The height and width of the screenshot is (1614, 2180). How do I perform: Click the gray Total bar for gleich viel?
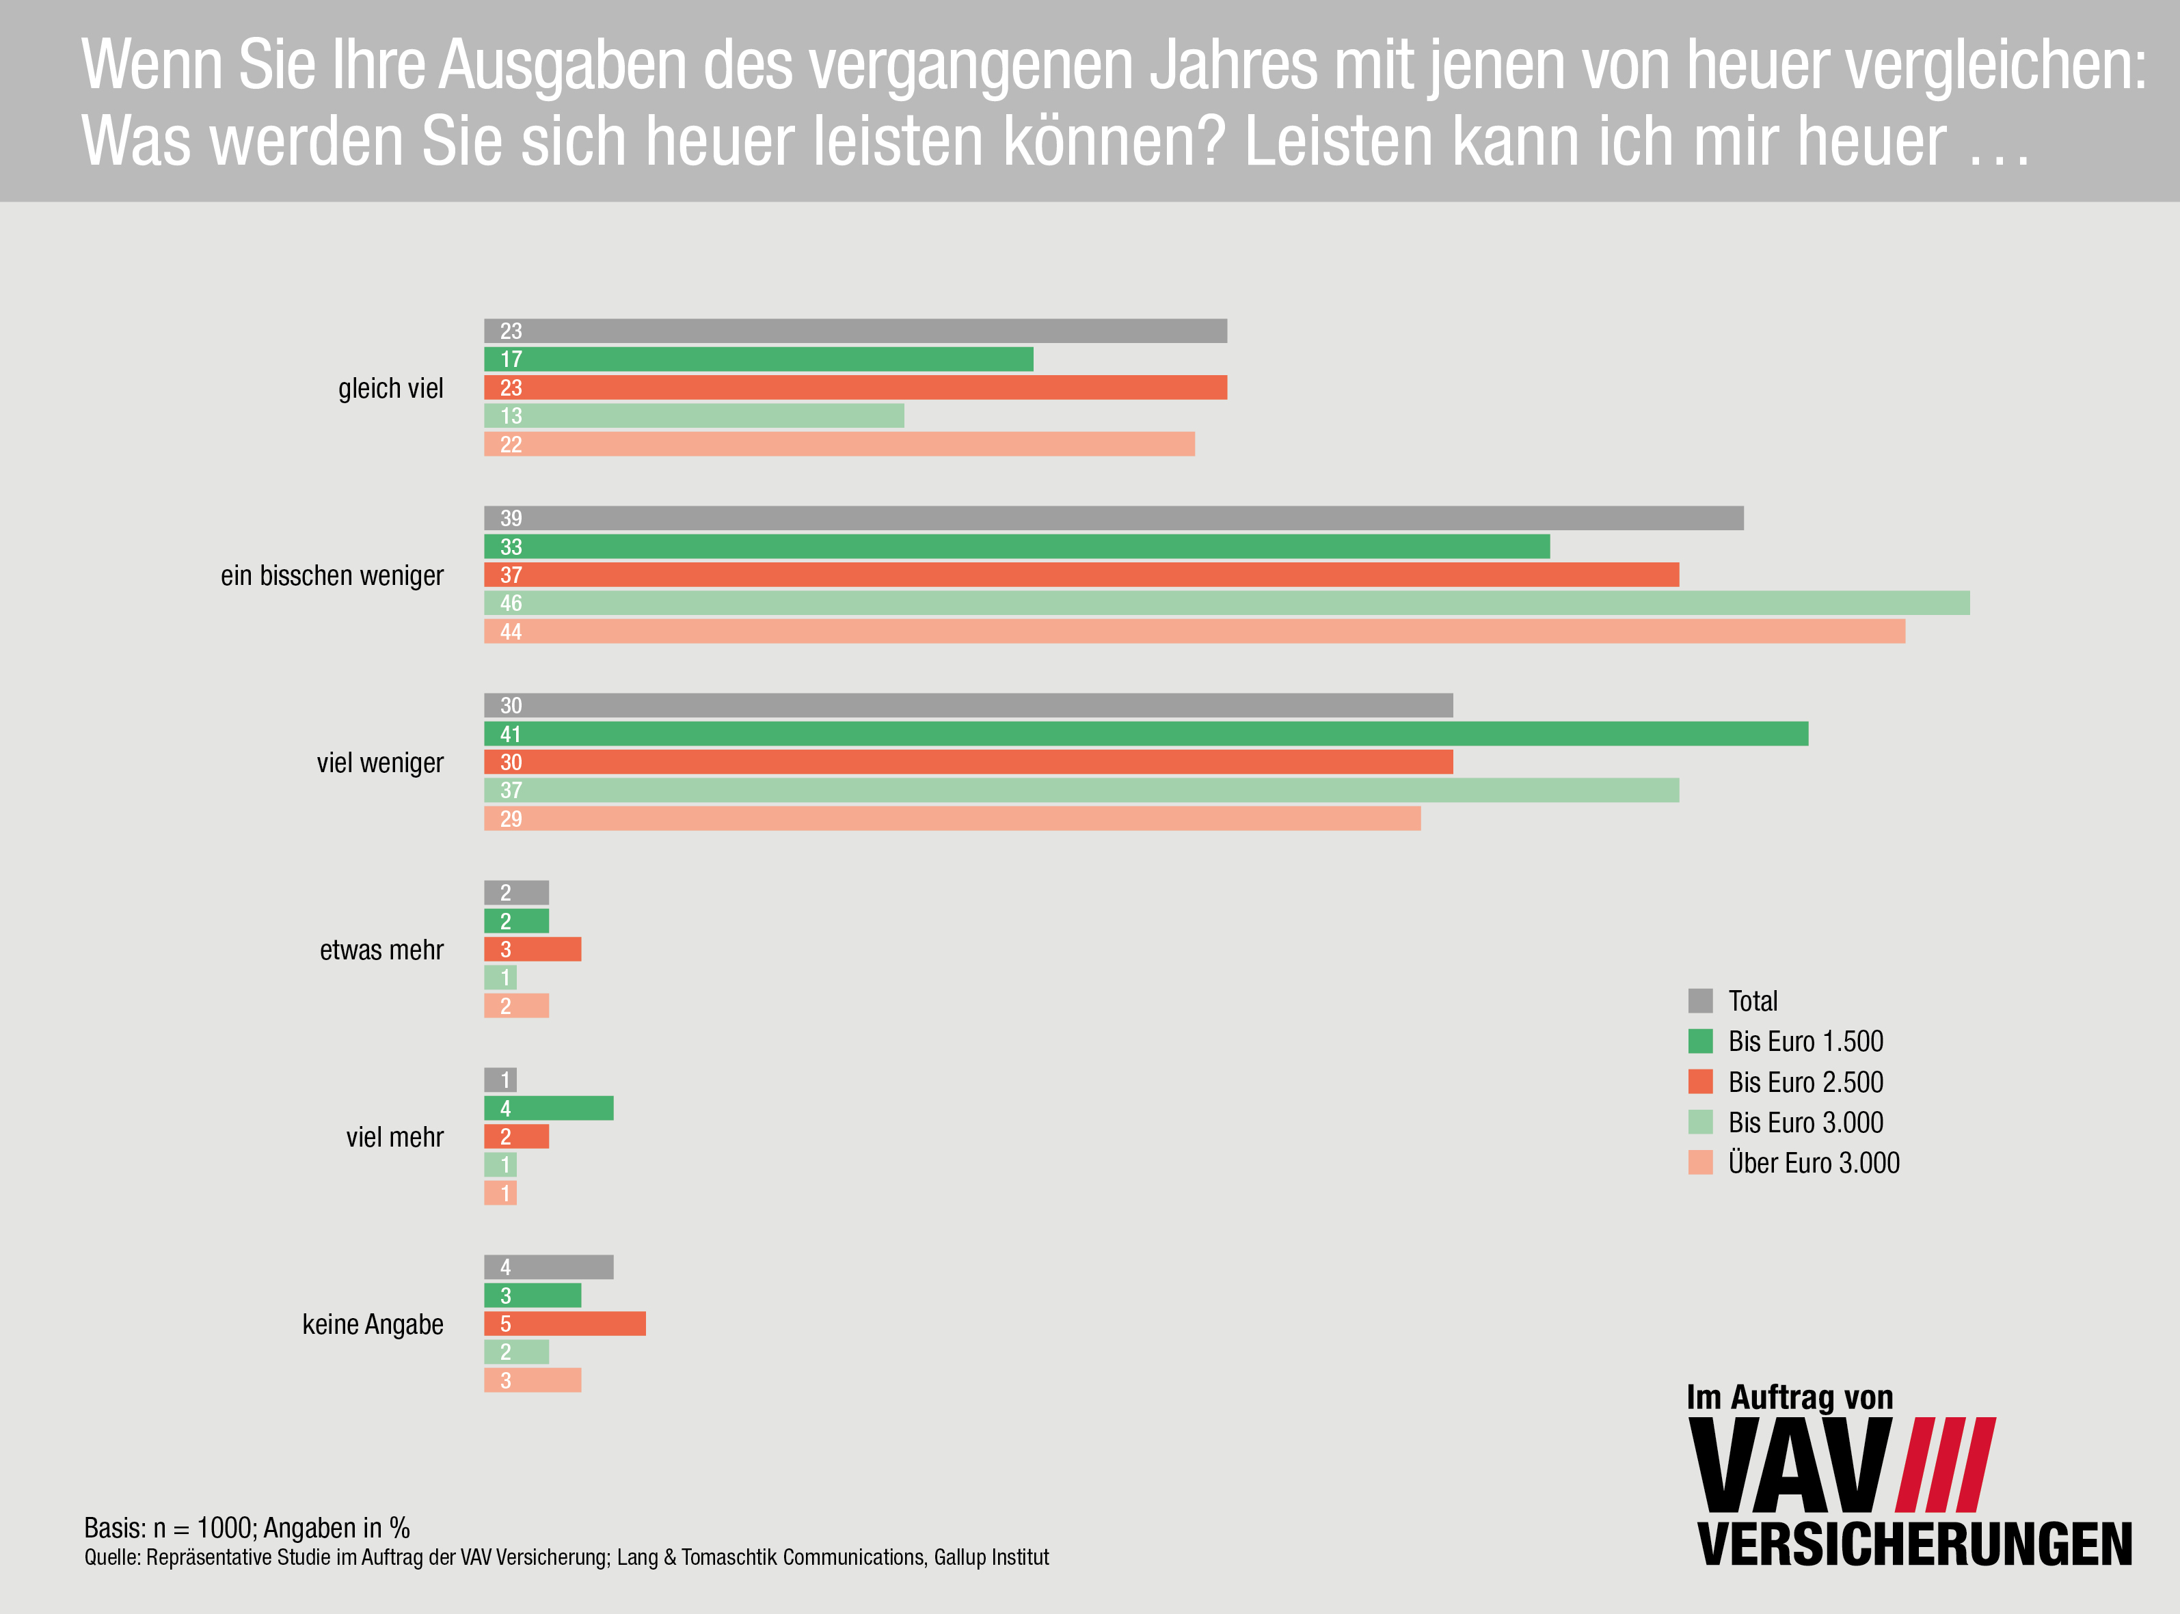(855, 331)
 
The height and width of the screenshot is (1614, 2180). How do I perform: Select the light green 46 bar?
(1226, 603)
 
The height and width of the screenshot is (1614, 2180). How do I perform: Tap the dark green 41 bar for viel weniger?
(1145, 734)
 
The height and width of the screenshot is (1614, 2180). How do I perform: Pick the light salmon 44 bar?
(1194, 631)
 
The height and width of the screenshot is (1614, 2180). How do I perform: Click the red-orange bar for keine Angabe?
(565, 1324)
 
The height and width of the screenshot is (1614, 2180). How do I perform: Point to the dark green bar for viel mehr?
(548, 1108)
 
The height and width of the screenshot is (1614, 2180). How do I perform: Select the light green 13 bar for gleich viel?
(694, 416)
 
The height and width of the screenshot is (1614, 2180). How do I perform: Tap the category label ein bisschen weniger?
(332, 575)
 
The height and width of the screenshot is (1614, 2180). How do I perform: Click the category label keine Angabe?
(373, 1325)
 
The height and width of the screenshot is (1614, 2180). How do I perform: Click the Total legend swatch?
(1700, 1000)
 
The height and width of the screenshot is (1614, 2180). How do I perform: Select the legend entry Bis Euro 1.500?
(1805, 1041)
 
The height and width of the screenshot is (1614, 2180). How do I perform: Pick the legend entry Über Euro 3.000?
(1813, 1162)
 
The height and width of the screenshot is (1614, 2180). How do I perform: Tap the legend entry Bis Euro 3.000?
(1805, 1123)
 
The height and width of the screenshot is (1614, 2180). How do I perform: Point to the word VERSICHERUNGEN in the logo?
(1914, 1544)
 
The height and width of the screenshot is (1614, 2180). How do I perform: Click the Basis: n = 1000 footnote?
(246, 1528)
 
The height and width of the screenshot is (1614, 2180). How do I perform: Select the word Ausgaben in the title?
(562, 66)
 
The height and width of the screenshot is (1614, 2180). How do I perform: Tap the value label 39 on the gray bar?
(511, 519)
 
